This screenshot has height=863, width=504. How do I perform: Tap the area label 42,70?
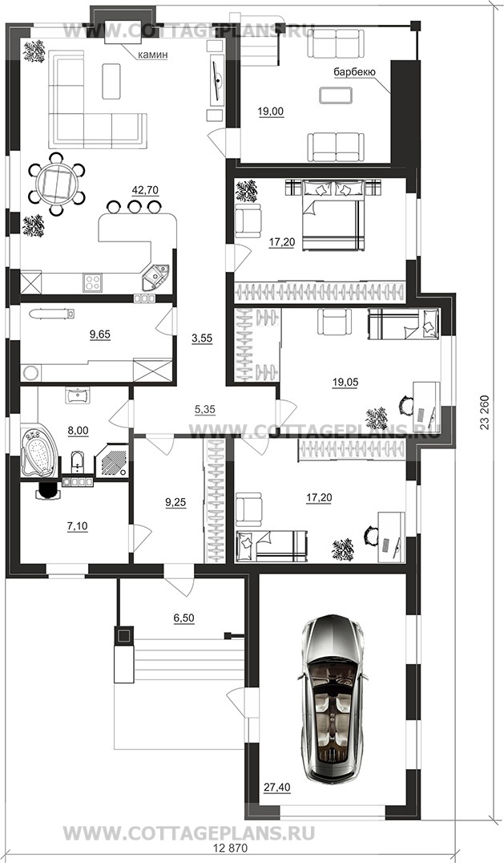coord(145,190)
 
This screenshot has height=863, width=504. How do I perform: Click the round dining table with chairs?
coord(55,184)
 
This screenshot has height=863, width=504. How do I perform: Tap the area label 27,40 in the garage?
coord(277,788)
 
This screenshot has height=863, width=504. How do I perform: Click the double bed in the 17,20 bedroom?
coord(333,216)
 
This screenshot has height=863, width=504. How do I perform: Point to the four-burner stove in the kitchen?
coord(92,283)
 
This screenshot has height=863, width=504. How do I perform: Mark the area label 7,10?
coord(77,526)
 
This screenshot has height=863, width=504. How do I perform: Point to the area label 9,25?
coord(175,502)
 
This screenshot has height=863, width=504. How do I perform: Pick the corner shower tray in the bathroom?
coord(112,461)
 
